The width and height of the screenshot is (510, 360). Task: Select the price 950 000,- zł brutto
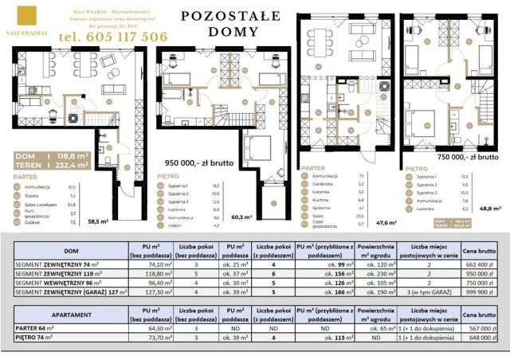point(198,162)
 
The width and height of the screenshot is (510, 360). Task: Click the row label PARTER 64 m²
point(32,327)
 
